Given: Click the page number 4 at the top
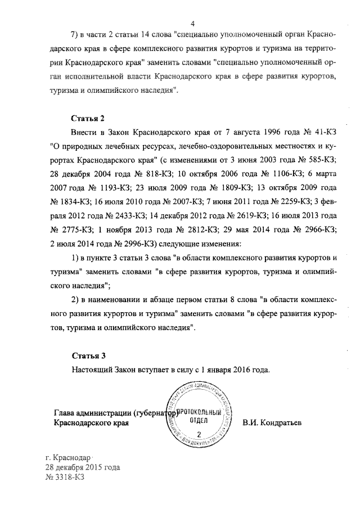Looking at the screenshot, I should [x=192, y=23].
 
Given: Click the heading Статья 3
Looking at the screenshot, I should [x=88, y=356].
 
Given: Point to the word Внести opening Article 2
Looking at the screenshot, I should [x=85, y=132].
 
